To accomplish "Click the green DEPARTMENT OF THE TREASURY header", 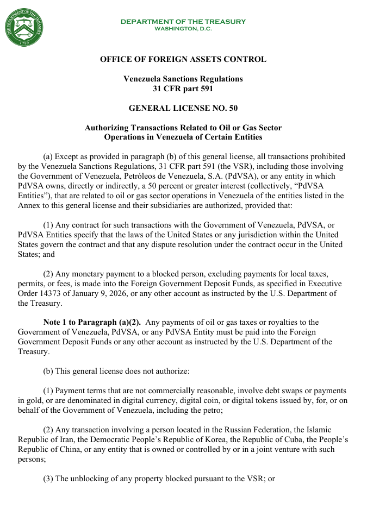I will (x=183, y=22).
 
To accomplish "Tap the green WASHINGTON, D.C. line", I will (x=183, y=28).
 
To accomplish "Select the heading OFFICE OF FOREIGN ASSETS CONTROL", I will (x=183, y=59).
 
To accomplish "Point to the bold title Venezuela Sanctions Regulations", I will (x=183, y=79).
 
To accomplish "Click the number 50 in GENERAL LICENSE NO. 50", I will (x=233, y=108).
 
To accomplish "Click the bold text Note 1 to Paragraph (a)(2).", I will (x=92, y=322).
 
